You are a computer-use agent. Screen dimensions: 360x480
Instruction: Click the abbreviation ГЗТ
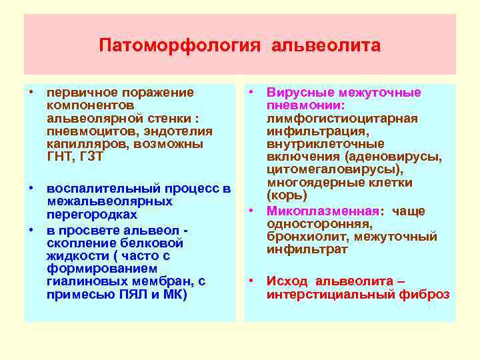pyautogui.click(x=89, y=156)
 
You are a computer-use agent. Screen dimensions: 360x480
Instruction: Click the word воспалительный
pyautogui.click(x=97, y=189)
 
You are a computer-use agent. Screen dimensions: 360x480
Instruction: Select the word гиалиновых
pyautogui.click(x=79, y=281)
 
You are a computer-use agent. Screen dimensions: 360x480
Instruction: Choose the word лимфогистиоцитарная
pyautogui.click(x=342, y=118)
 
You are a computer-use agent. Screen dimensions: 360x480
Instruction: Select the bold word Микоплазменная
pyautogui.click(x=323, y=211)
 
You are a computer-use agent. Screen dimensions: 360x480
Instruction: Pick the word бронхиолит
pyautogui.click(x=301, y=237)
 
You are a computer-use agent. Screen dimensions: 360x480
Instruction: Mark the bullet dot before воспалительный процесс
pyautogui.click(x=31, y=189)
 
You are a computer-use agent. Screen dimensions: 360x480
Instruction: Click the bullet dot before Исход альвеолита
pyautogui.click(x=251, y=281)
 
